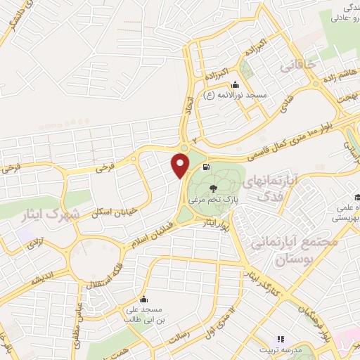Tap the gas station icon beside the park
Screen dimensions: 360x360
tap(205, 167)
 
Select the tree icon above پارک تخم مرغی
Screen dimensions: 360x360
tap(214, 188)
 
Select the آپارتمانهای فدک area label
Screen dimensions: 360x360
tap(271, 188)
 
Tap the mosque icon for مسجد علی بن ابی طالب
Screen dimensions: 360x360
tap(144, 298)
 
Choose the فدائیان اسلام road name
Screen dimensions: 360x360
tap(151, 236)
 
